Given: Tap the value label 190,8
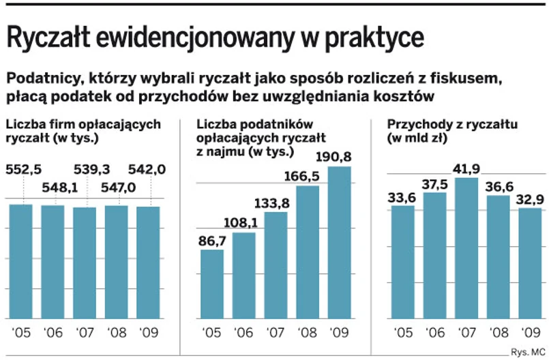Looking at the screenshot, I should (x=339, y=156).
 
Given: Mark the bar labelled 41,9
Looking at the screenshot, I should (x=466, y=248).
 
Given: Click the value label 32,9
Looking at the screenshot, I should (x=529, y=198).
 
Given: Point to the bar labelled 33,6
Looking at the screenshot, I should (x=403, y=262).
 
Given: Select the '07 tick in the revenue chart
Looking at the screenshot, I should (x=466, y=334).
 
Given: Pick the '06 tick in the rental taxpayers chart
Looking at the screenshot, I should (x=243, y=334).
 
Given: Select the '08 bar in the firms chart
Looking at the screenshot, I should (x=117, y=262).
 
